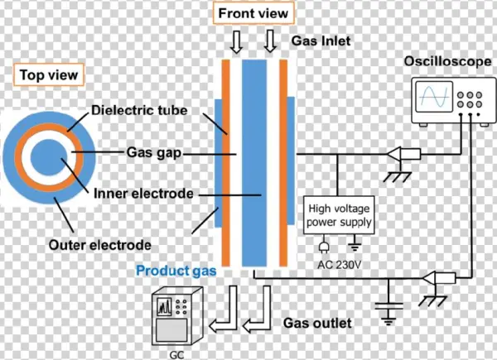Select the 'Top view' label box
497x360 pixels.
click(x=48, y=75)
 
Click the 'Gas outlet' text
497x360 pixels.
click(x=316, y=321)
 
